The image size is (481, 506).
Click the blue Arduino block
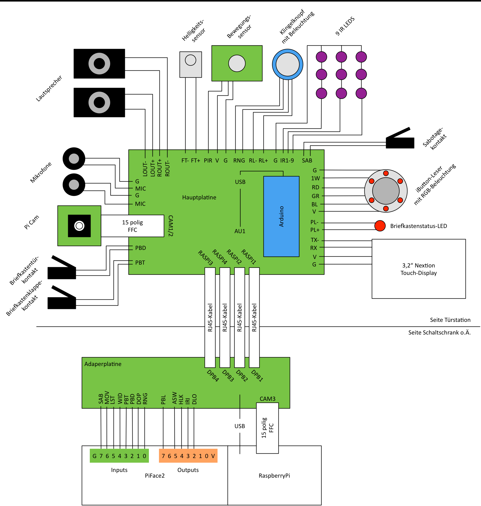281,216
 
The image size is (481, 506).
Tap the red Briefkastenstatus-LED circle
380,226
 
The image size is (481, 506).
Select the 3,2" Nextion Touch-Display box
419,269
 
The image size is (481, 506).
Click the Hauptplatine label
199,197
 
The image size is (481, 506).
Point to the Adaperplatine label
103,364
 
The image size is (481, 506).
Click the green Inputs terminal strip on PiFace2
119,456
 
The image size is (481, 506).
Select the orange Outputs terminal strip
188,456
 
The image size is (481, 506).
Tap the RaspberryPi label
274,476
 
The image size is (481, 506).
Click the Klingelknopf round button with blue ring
287,64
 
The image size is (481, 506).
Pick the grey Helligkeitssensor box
191,64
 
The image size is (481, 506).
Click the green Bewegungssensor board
237,63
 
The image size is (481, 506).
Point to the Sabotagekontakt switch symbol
400,138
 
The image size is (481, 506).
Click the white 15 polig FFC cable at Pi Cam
132,226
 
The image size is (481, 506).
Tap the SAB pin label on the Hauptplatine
307,160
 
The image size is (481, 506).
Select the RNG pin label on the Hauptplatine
239,160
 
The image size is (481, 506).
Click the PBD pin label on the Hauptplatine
141,248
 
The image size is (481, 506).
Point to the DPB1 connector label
257,376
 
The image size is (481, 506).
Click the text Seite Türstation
450,320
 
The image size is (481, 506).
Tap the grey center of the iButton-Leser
386,191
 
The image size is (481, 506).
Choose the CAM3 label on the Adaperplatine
268,399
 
